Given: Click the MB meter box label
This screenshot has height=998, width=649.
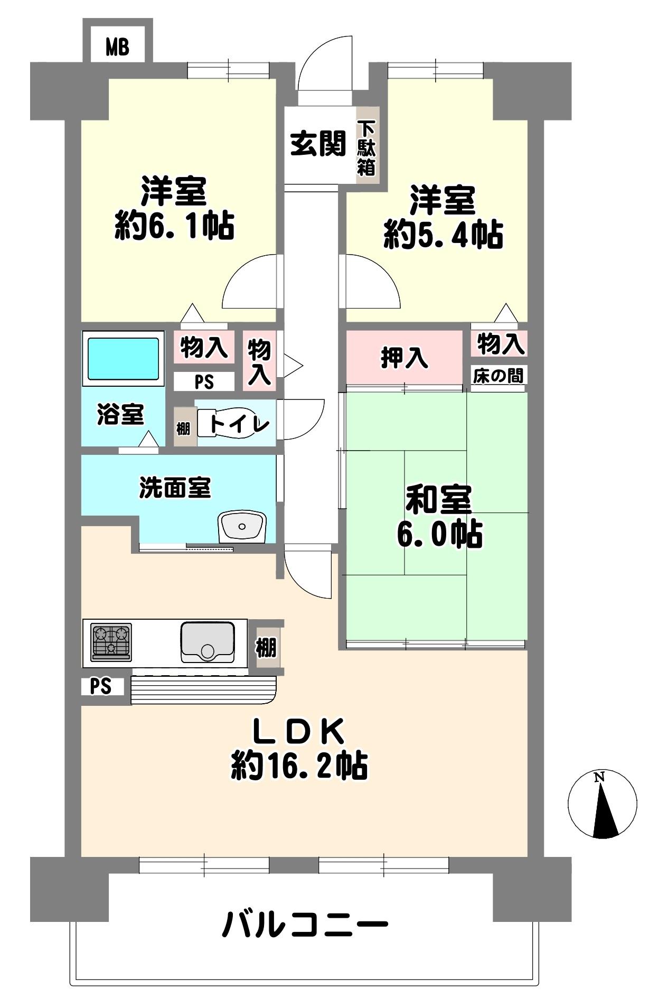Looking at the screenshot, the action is point(117,48).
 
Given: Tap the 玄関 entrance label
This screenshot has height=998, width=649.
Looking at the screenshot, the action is point(318,143).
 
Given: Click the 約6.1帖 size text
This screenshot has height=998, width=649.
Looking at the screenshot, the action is point(175,226).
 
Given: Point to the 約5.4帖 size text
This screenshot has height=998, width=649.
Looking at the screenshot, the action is point(443,235).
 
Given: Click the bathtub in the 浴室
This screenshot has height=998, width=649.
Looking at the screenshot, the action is point(123,359).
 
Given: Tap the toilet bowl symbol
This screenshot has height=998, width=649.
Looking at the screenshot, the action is point(236,423).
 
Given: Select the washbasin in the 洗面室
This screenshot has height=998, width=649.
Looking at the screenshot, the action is point(242,526).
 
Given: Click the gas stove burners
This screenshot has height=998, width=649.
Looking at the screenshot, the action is point(111,642).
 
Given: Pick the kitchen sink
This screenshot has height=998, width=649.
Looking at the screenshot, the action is point(208,642).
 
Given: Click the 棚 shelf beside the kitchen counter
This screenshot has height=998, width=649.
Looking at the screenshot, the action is point(267,647).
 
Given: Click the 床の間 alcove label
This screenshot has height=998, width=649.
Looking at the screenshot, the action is point(498,376).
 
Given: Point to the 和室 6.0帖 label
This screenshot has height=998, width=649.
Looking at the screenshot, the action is point(439,517).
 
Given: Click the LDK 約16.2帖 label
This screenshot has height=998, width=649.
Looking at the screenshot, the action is point(299,749).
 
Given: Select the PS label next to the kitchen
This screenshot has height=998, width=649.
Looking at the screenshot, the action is point(100,686).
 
